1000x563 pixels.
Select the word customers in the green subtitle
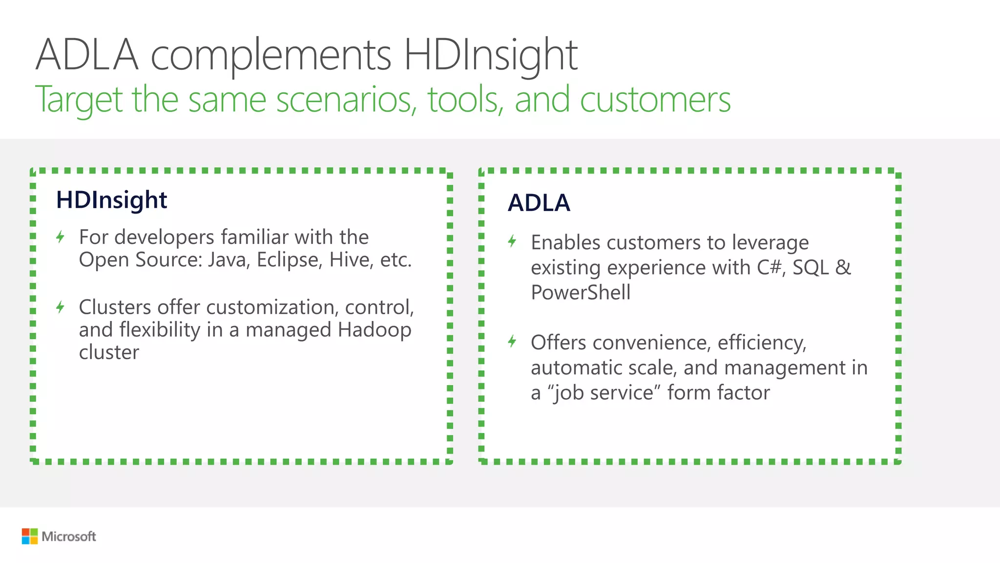pyautogui.click(x=655, y=99)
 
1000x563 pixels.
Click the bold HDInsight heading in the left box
pyautogui.click(x=111, y=200)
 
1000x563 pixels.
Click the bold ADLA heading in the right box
pyautogui.click(x=539, y=203)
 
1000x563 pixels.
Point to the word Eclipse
pyautogui.click(x=289, y=260)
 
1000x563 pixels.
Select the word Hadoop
pyautogui.click(x=374, y=330)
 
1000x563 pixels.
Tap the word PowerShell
pyautogui.click(x=580, y=293)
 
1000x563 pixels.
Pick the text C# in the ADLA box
pyautogui.click(x=770, y=268)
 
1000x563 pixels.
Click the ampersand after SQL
pyautogui.click(x=843, y=268)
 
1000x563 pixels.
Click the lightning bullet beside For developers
pyautogui.click(x=60, y=237)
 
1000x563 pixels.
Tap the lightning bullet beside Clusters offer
pyautogui.click(x=60, y=307)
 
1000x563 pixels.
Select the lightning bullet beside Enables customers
pyautogui.click(x=512, y=241)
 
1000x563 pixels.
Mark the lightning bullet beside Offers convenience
pyautogui.click(x=512, y=341)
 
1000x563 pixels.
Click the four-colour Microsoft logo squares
pyautogui.click(x=30, y=536)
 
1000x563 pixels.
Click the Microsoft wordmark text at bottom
pyautogui.click(x=69, y=537)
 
